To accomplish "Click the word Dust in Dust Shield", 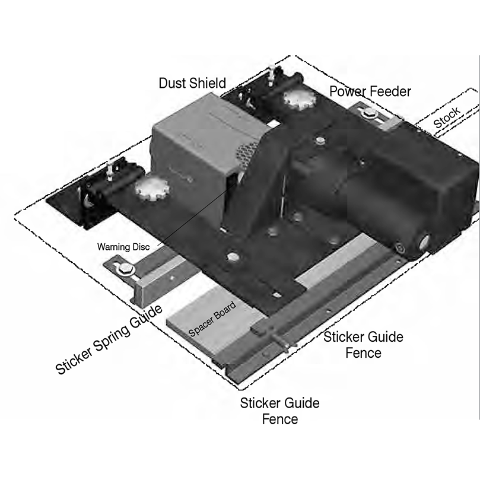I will point(173,83).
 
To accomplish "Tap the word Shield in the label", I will point(207,83).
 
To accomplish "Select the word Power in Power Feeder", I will point(348,91).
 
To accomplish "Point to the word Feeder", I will point(390,91).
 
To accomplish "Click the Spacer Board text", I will point(212,320).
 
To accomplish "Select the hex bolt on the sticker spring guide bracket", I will point(125,271).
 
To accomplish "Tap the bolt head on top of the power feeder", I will point(320,141).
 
